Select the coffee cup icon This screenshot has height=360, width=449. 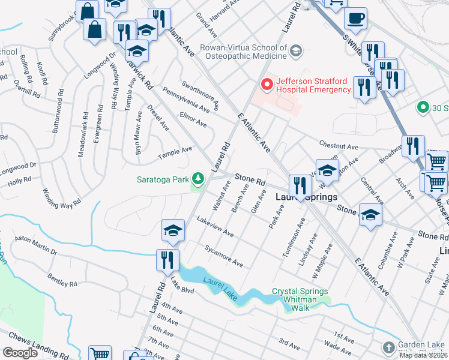point(355,19)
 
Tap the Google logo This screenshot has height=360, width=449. point(20,353)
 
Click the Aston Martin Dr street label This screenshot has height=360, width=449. point(36,247)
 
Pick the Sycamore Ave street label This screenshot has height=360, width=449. point(223,256)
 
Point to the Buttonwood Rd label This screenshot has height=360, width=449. point(60,114)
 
